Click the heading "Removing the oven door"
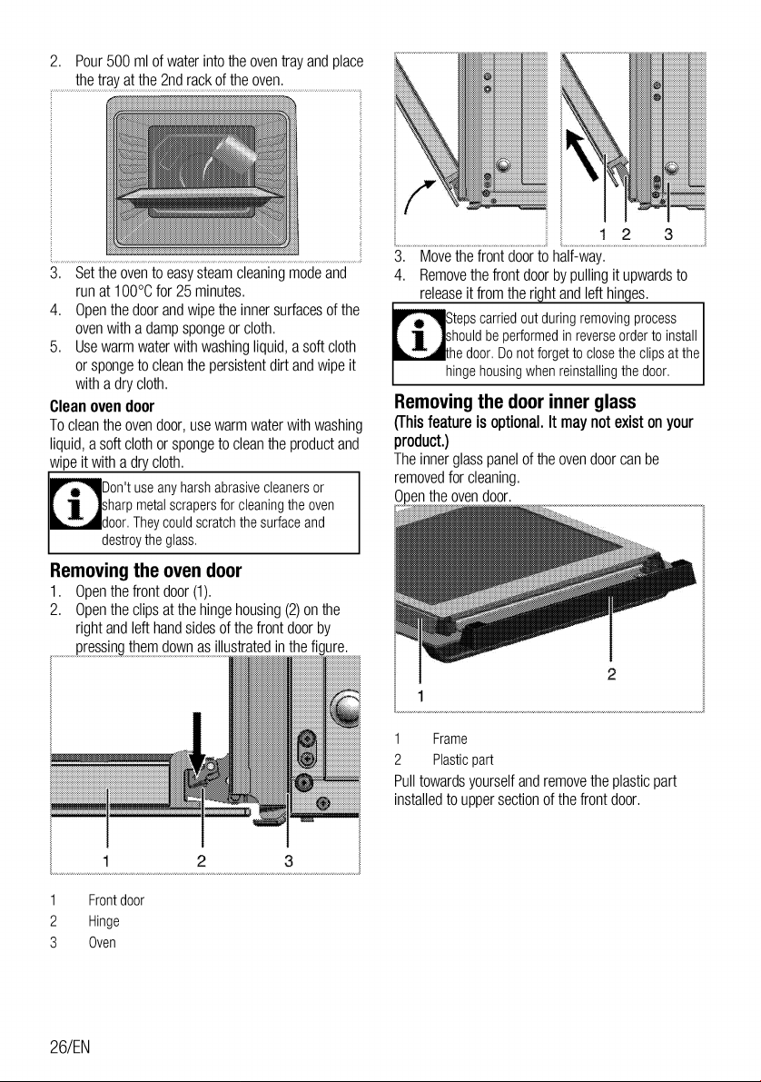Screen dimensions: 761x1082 145,571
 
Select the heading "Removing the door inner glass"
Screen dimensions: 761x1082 515,402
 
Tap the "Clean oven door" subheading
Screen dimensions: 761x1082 102,406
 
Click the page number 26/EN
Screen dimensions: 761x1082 70,1047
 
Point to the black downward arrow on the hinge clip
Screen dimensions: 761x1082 197,749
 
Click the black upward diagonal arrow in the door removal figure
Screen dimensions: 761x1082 582,154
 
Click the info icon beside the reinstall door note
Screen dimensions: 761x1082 419,334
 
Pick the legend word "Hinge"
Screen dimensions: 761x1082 104,922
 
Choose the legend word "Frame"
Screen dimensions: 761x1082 450,739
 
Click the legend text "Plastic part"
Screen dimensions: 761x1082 463,760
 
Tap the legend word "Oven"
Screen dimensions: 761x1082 102,943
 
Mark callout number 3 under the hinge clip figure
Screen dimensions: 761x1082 289,860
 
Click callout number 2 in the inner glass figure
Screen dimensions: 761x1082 611,674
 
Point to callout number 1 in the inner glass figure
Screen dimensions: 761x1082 420,696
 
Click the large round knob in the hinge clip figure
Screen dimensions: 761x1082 346,708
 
